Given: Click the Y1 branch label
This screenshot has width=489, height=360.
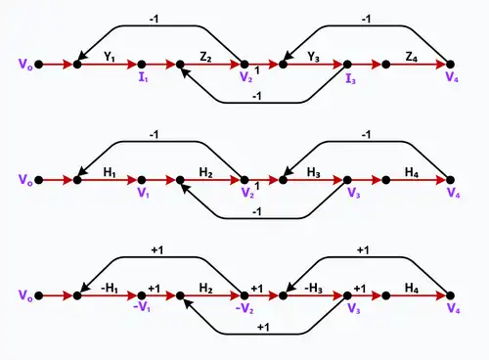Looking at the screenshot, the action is [110, 57].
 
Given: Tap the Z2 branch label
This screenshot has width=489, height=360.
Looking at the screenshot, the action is [205, 57].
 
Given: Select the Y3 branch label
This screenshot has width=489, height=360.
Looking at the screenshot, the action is [313, 57].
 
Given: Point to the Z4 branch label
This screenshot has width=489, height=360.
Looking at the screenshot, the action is [412, 57].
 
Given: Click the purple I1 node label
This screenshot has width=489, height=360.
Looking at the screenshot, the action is [143, 77].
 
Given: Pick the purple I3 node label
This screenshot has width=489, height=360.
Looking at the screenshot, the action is [350, 78].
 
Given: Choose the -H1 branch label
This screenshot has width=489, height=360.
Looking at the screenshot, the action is [110, 288].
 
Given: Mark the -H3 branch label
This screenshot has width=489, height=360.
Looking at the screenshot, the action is [313, 288].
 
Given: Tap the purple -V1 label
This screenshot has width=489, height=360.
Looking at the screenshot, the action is [142, 307].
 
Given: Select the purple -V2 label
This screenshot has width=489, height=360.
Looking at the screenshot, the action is [244, 308].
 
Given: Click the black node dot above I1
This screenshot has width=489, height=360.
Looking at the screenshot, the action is [142, 65].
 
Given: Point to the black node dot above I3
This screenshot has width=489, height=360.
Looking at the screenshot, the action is [347, 65].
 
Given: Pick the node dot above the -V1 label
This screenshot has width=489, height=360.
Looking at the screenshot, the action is [142, 295].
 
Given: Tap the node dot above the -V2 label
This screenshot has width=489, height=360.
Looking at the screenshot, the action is [244, 295].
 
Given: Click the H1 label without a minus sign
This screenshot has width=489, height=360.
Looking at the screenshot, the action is [110, 172].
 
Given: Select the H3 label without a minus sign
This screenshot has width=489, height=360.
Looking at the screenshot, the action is [314, 172].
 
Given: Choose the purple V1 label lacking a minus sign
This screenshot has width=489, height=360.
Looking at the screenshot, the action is [144, 193].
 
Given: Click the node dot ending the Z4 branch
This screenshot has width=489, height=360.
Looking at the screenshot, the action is [450, 65].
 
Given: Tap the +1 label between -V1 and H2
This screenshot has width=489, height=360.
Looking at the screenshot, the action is [155, 289].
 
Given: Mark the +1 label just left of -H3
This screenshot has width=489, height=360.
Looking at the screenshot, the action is [257, 289].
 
